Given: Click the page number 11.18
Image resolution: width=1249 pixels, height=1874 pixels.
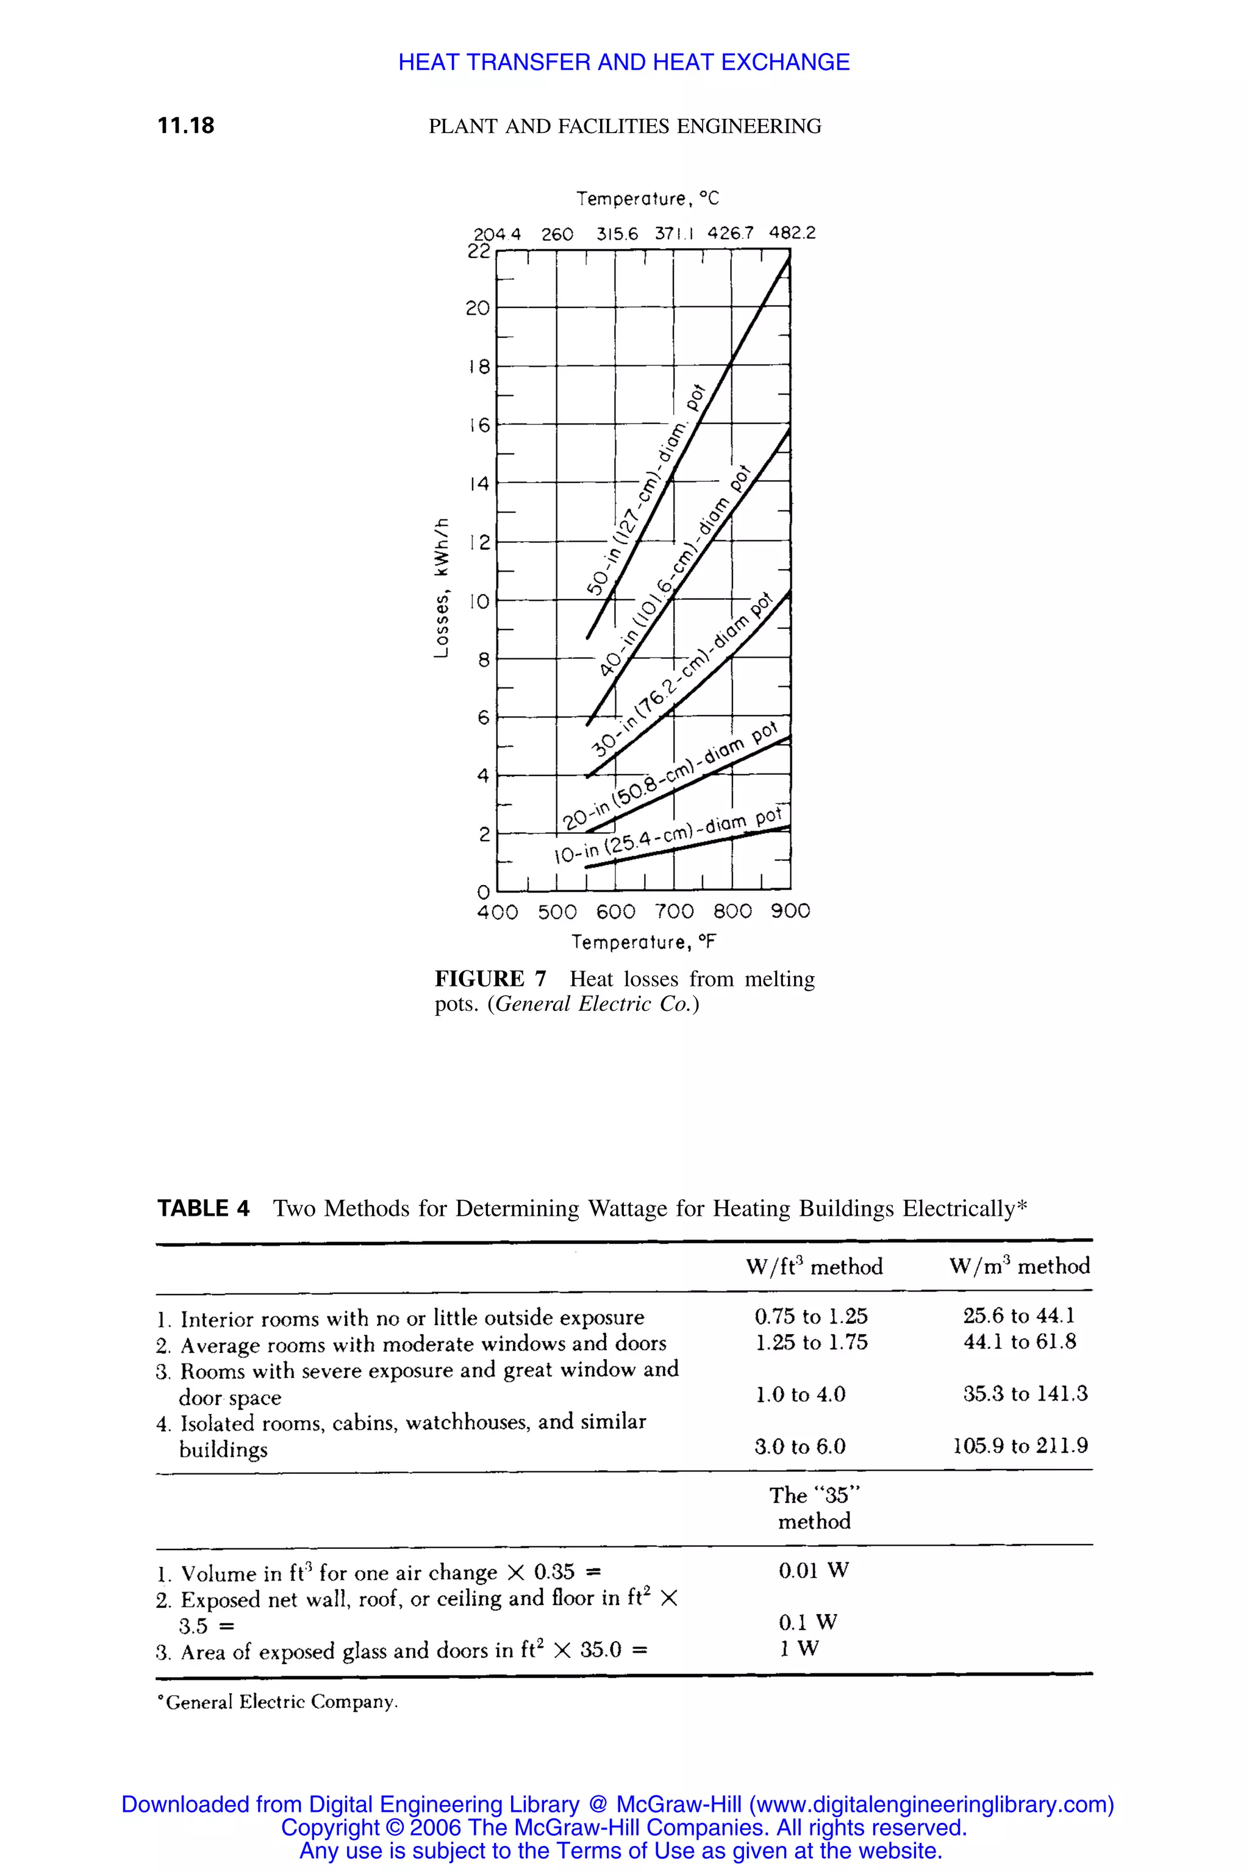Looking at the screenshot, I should tap(185, 126).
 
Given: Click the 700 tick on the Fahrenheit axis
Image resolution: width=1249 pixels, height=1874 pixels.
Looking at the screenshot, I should tap(674, 911).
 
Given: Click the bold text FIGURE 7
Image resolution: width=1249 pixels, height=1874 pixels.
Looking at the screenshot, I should tap(491, 978).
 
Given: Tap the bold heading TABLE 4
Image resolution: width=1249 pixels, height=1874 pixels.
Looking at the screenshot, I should tap(203, 1208).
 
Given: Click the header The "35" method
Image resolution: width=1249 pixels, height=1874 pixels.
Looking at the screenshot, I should tap(814, 1508).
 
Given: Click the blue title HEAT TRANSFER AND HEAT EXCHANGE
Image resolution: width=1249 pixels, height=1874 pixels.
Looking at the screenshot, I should tap(624, 62).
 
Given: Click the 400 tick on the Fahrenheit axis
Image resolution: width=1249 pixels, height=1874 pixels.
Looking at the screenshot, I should tap(497, 911).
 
